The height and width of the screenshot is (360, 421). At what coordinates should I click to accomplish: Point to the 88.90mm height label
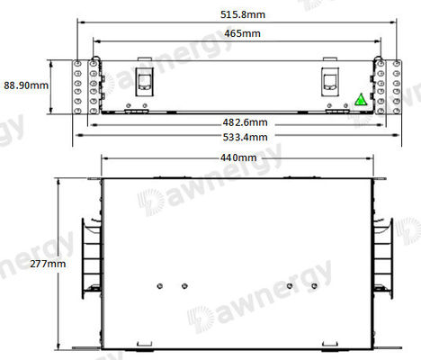pyautogui.click(x=25, y=84)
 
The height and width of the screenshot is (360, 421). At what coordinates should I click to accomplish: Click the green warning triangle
pyautogui.click(x=361, y=100)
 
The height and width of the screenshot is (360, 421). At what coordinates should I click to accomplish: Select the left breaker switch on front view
pyautogui.click(x=144, y=82)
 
